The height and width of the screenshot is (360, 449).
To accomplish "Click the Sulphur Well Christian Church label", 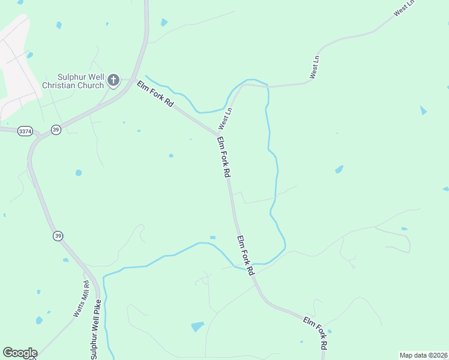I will pyautogui.click(x=73, y=81).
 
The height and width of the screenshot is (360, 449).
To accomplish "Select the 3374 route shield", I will pyautogui.click(x=25, y=131).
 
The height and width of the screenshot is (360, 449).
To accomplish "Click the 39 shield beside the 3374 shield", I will pyautogui.click(x=56, y=130).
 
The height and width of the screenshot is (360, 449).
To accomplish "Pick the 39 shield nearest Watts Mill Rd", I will pyautogui.click(x=58, y=236).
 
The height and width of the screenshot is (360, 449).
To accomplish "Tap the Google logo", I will pyautogui.click(x=20, y=353).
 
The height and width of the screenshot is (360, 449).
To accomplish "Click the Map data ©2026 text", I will pyautogui.click(x=424, y=355).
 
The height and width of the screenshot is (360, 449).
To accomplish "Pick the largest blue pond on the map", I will pyautogui.click(x=197, y=326).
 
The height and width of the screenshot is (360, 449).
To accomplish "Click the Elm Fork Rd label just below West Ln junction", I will pyautogui.click(x=223, y=157).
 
